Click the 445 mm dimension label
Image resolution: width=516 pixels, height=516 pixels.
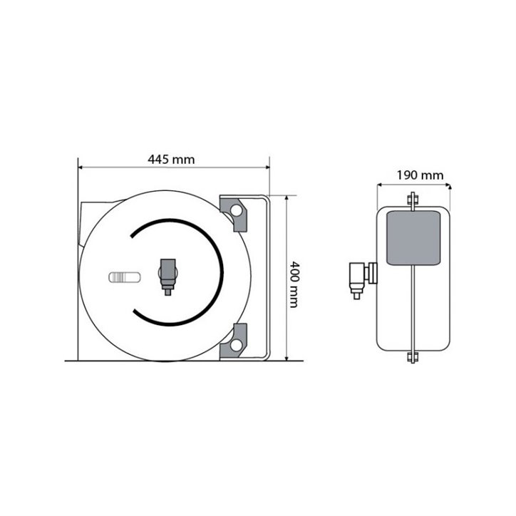(171, 160)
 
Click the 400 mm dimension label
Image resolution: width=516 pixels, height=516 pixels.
(294, 284)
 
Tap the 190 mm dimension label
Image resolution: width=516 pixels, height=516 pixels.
(420, 175)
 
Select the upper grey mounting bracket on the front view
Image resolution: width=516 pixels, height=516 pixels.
(234, 213)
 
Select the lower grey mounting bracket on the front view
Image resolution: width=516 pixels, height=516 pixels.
(234, 341)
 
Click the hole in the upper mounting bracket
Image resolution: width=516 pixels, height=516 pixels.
(236, 210)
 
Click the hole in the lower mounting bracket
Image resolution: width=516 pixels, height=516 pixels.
(236, 345)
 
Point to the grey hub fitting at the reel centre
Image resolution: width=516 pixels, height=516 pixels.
(167, 277)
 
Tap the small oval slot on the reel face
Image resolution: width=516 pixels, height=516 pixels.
(125, 277)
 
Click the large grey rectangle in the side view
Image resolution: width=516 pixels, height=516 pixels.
(413, 238)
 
